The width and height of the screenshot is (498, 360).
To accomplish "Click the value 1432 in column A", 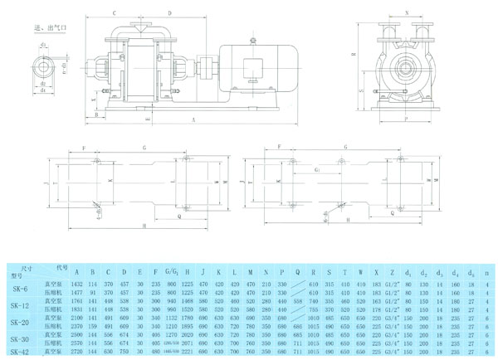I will tap(78, 283).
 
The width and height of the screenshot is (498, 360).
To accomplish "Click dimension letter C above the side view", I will tap(114, 13).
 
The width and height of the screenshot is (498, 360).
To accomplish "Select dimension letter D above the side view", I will tap(169, 13).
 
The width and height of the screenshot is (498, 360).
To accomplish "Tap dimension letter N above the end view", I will tap(406, 13).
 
